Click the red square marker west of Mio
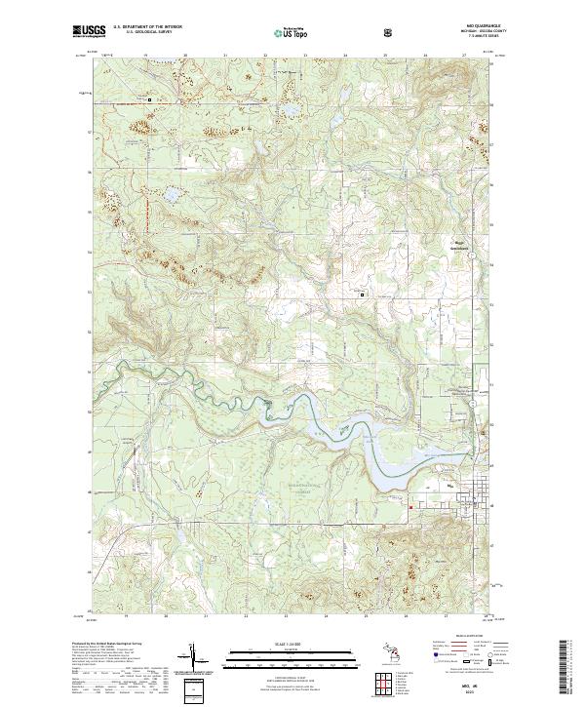click(x=410, y=505)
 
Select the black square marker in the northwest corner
click(x=149, y=99)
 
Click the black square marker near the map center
click(x=365, y=295)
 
